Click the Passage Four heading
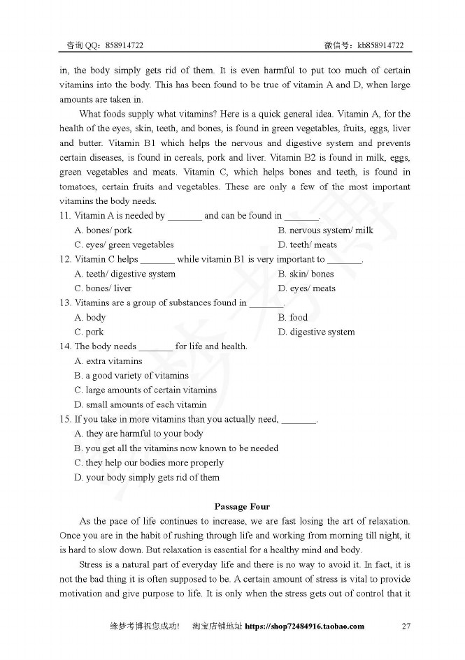click(x=242, y=506)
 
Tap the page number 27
click(x=406, y=626)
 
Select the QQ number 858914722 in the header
click(x=124, y=45)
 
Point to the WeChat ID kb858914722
click(x=380, y=45)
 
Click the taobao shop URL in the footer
click(x=305, y=626)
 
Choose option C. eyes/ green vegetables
click(x=124, y=244)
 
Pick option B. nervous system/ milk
click(x=325, y=230)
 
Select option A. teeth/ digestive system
click(x=125, y=274)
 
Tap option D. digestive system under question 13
click(x=316, y=332)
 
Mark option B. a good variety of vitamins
click(x=131, y=376)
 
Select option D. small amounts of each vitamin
click(x=141, y=404)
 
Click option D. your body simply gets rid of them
click(x=147, y=478)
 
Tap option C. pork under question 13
click(x=89, y=332)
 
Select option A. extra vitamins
click(x=108, y=361)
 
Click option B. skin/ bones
click(x=306, y=274)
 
